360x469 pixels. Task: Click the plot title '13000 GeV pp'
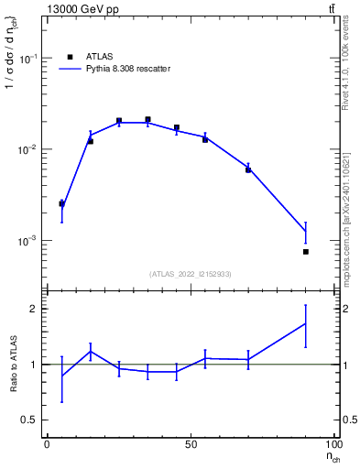(x=82, y=9)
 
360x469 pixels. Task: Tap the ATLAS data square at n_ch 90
(x=306, y=251)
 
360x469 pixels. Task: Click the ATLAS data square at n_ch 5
(x=61, y=203)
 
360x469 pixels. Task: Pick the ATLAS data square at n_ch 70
(x=248, y=169)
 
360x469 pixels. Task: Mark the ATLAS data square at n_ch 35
(x=147, y=120)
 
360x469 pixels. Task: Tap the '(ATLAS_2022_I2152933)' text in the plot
(x=191, y=274)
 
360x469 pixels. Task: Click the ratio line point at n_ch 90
(x=306, y=322)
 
